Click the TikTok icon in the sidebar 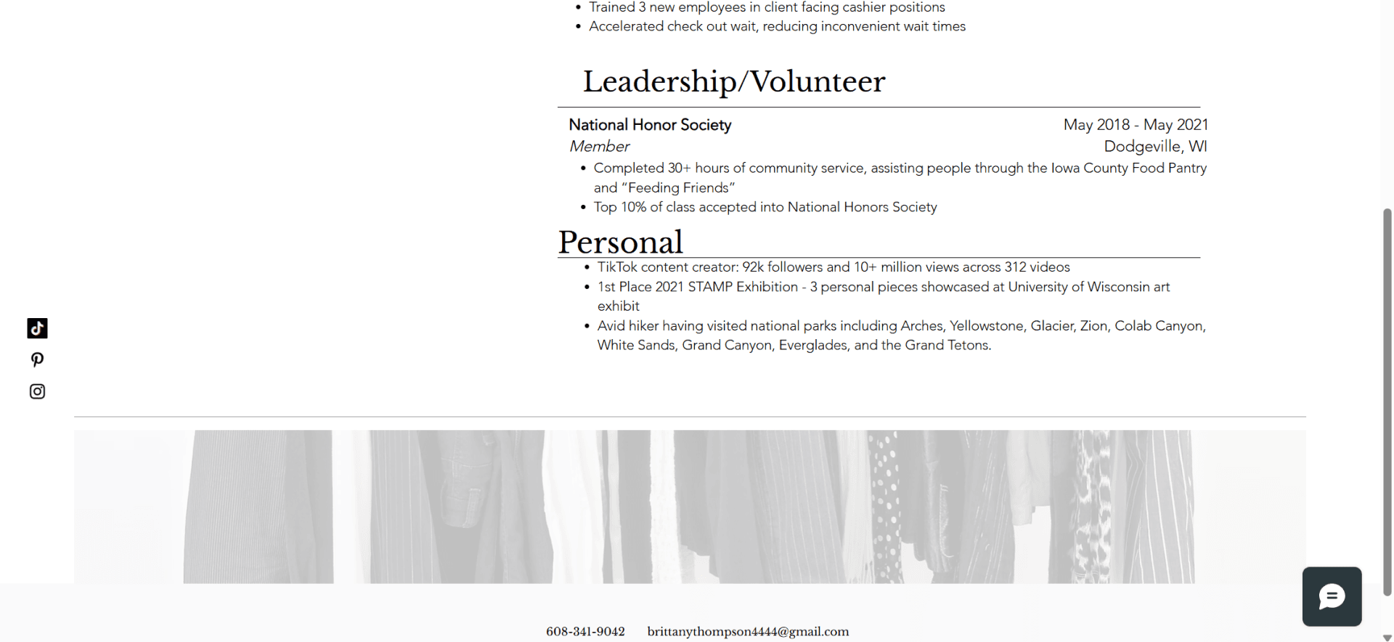pos(37,328)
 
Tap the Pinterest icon pos(37,359)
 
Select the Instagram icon pos(37,391)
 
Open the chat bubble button pos(1332,596)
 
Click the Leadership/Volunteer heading pos(733,81)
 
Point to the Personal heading pos(620,242)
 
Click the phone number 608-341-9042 pos(585,632)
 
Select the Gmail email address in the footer pos(748,632)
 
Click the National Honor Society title pos(650,125)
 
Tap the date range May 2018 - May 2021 pos(1136,125)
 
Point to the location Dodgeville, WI pos(1155,146)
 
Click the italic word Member pos(599,146)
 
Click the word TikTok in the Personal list pos(616,267)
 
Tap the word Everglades pos(812,345)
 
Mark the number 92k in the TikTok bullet pos(752,267)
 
